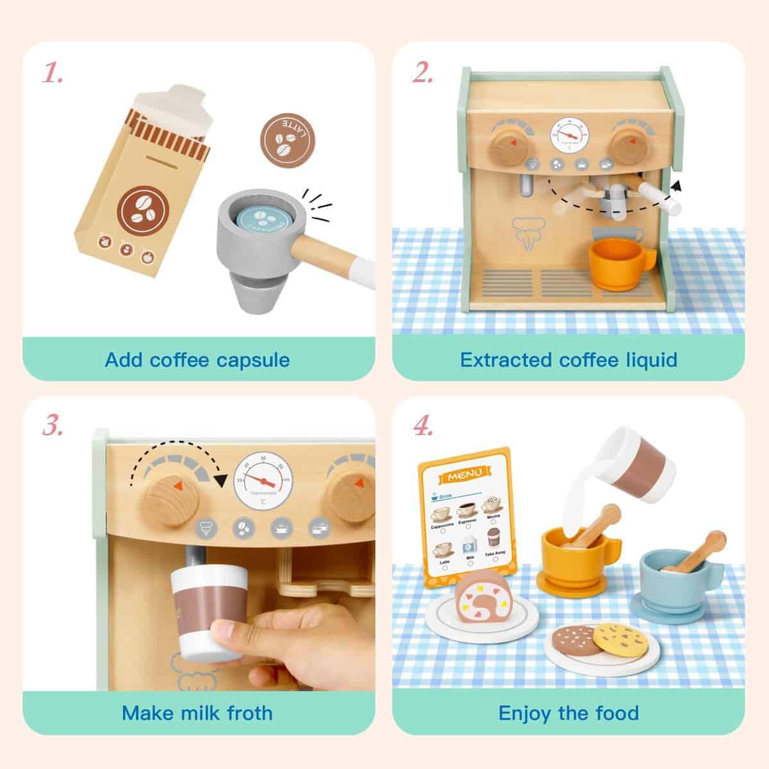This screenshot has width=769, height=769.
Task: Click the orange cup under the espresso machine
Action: point(613,263)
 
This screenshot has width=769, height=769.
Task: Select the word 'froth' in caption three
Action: point(246,713)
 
